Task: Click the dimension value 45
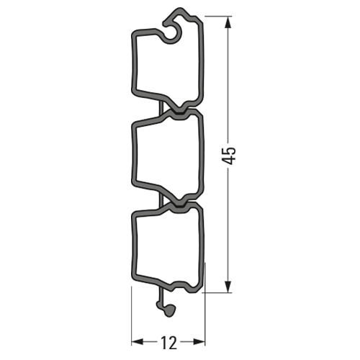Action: (x=229, y=156)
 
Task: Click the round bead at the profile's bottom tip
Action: (x=168, y=310)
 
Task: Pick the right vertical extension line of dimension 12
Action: (x=206, y=302)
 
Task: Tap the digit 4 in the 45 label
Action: (x=229, y=161)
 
